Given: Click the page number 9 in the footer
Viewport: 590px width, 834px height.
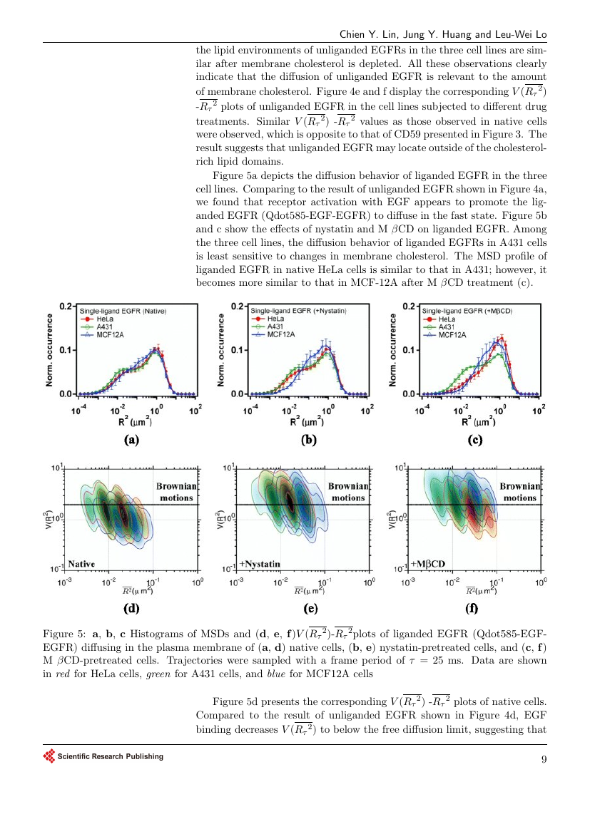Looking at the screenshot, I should point(544,758).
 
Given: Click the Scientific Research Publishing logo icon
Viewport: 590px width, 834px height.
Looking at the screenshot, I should point(49,756).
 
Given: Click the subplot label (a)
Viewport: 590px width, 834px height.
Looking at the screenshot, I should point(131,441).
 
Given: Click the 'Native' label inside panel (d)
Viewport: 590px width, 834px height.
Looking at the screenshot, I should point(82,564).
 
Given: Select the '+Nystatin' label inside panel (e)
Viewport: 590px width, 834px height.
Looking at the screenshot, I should point(260,564).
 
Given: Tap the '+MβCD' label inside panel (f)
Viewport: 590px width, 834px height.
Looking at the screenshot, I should point(428,564).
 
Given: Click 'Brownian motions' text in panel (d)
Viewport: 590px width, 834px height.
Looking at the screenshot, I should point(176,492).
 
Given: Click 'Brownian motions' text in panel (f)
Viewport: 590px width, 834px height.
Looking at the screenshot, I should point(519,492).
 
